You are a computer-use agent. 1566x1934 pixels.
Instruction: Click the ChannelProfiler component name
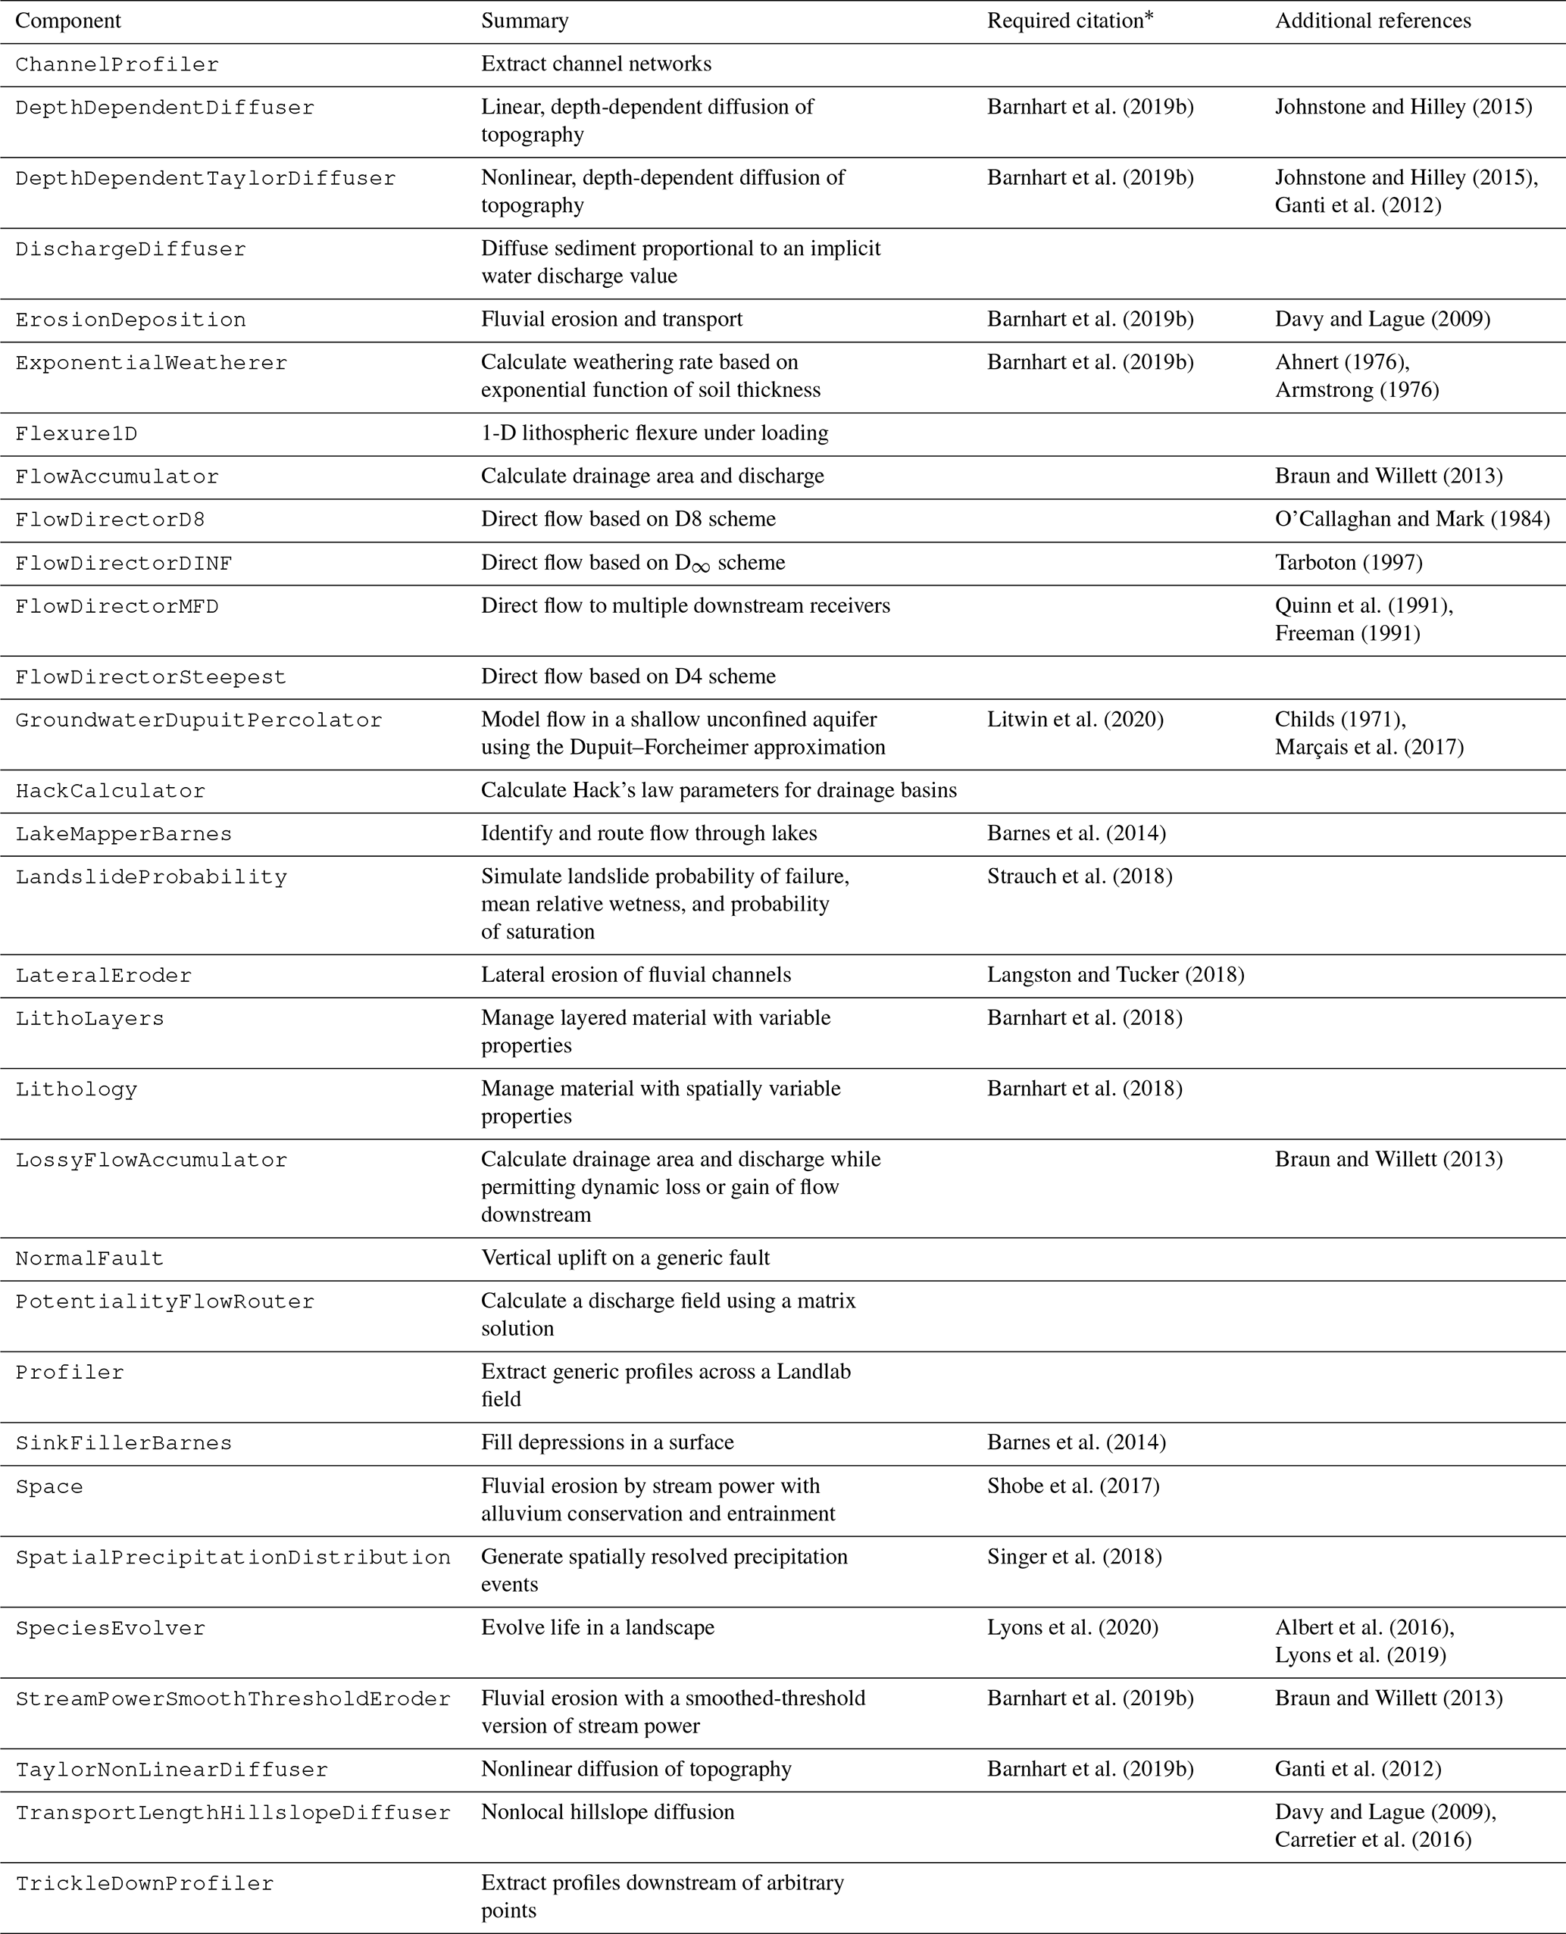[117, 65]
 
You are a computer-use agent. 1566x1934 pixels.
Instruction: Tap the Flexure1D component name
[77, 434]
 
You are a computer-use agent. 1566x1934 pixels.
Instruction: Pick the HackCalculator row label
[110, 791]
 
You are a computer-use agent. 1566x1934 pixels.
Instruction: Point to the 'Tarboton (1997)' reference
[1348, 563]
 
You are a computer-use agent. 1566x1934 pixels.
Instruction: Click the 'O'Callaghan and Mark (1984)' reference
[1411, 520]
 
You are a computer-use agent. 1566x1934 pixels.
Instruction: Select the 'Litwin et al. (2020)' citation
[1074, 720]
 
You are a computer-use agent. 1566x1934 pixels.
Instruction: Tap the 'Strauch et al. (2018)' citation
[1079, 876]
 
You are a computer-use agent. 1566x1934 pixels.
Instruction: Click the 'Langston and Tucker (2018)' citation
[1115, 975]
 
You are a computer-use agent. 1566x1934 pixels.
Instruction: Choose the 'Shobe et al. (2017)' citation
[1073, 1486]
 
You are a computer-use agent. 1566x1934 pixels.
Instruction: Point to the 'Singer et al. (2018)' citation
[1074, 1557]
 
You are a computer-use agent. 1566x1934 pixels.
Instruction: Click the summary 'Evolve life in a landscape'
[597, 1628]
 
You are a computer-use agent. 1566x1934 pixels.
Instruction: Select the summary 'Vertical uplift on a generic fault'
[625, 1258]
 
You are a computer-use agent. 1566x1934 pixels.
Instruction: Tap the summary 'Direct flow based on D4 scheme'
[628, 676]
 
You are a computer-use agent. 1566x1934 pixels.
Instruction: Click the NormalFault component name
[89, 1258]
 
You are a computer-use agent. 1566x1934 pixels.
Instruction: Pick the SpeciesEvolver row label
[110, 1628]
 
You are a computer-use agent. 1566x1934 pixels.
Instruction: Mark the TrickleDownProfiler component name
[145, 1883]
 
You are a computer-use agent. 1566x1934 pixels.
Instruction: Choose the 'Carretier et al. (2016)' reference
[1372, 1840]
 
